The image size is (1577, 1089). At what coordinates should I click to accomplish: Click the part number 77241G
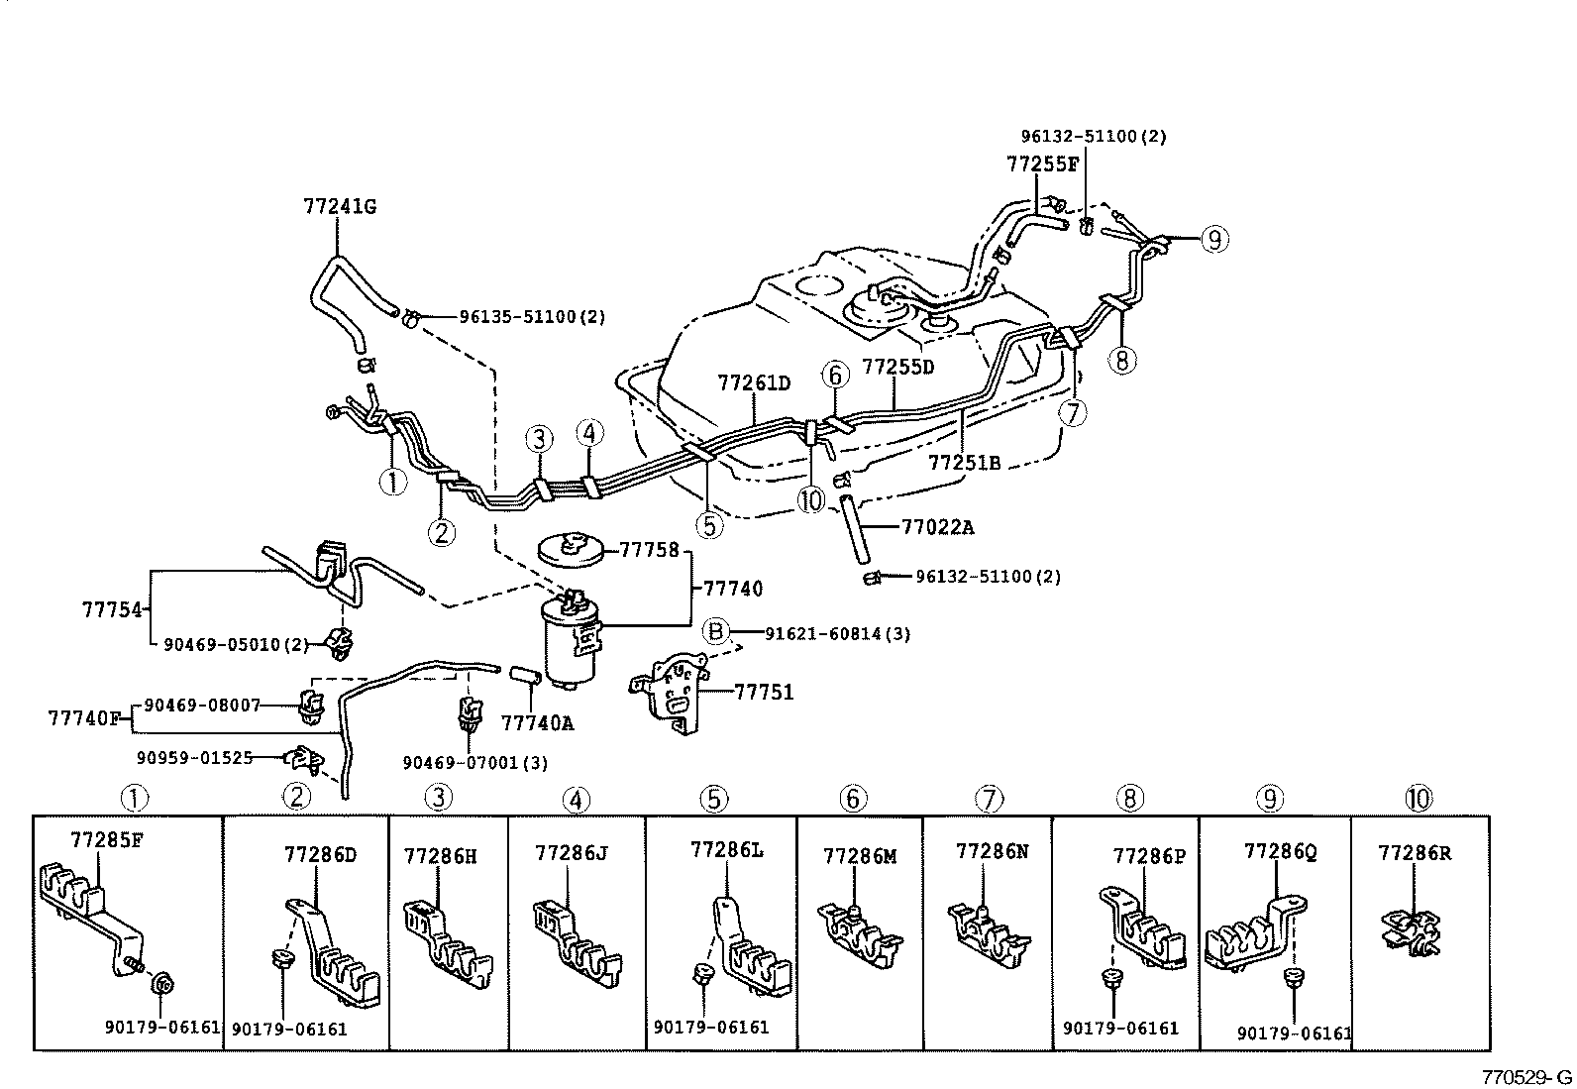[x=339, y=206]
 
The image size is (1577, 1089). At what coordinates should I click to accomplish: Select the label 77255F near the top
[x=1042, y=165]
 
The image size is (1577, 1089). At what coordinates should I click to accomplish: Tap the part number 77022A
[x=936, y=528]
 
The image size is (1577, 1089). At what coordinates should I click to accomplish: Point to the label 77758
[x=649, y=548]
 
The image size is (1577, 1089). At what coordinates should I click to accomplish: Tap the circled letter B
[x=715, y=632]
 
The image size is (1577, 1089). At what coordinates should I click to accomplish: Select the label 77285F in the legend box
[x=107, y=841]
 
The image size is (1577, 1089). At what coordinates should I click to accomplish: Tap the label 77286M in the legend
[x=859, y=855]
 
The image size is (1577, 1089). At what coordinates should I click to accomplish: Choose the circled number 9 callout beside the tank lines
[x=1214, y=238]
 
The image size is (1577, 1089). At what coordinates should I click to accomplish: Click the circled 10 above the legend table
[x=1418, y=797]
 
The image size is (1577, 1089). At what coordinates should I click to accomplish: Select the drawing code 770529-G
[x=1525, y=1077]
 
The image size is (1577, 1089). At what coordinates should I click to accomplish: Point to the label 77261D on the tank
[x=754, y=382]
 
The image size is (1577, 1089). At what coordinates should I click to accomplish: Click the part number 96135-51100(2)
[x=532, y=317]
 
